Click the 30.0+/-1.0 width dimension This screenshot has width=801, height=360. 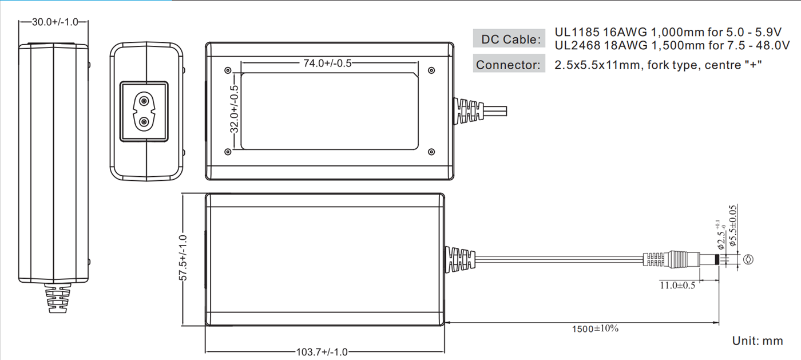coord(55,22)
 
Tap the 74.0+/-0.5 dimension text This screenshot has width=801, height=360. coord(327,64)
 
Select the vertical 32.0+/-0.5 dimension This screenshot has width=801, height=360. coord(234,109)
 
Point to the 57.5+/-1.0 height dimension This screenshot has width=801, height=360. coord(183,258)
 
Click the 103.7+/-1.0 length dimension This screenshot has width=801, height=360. coord(322,352)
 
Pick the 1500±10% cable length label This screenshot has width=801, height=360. coord(595,329)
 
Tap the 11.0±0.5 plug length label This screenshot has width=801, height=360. coord(677,286)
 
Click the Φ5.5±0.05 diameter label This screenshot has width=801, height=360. coord(733,226)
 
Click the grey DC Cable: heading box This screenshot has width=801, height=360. coord(509,38)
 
